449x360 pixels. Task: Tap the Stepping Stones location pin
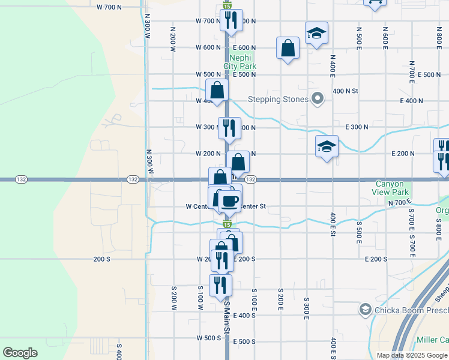coord(319,99)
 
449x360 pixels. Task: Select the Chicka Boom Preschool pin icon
coord(364,310)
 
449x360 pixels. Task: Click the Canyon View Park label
coord(394,188)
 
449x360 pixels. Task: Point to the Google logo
coord(20,353)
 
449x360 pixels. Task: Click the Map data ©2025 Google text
coord(412,355)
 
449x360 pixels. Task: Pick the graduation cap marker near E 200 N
coord(327,147)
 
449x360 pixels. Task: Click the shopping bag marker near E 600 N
coord(288,49)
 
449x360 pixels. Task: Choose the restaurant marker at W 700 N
coord(231,20)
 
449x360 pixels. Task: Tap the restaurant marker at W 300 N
coord(229,128)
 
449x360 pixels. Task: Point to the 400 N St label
coord(345,91)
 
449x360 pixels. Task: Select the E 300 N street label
coord(357,127)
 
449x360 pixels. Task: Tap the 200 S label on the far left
coord(102,259)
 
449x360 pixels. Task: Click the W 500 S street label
coord(208,338)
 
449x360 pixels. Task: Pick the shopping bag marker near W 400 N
coord(217,91)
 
